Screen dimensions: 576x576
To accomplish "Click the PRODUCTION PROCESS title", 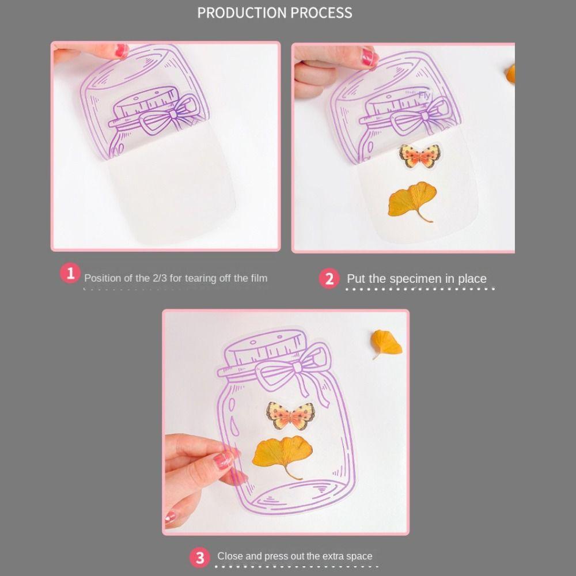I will (275, 13).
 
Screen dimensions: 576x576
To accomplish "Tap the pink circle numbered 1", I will (70, 274).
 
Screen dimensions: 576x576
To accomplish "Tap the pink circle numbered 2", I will (329, 279).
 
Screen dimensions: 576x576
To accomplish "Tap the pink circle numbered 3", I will (200, 558).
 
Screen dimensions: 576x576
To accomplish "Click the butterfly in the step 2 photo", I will (419, 156).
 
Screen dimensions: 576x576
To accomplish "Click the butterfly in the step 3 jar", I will (290, 415).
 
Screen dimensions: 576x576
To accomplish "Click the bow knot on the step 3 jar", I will (298, 367).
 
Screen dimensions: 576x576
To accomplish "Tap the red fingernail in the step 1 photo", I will (122, 51).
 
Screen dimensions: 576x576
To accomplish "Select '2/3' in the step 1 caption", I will (159, 278).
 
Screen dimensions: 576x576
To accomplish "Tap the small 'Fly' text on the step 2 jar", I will (425, 96).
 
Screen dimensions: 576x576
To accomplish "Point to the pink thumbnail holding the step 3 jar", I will (223, 460).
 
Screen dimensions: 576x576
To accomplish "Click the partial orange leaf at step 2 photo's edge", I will (510, 74).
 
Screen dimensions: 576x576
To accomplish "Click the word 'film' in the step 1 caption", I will (259, 278).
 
